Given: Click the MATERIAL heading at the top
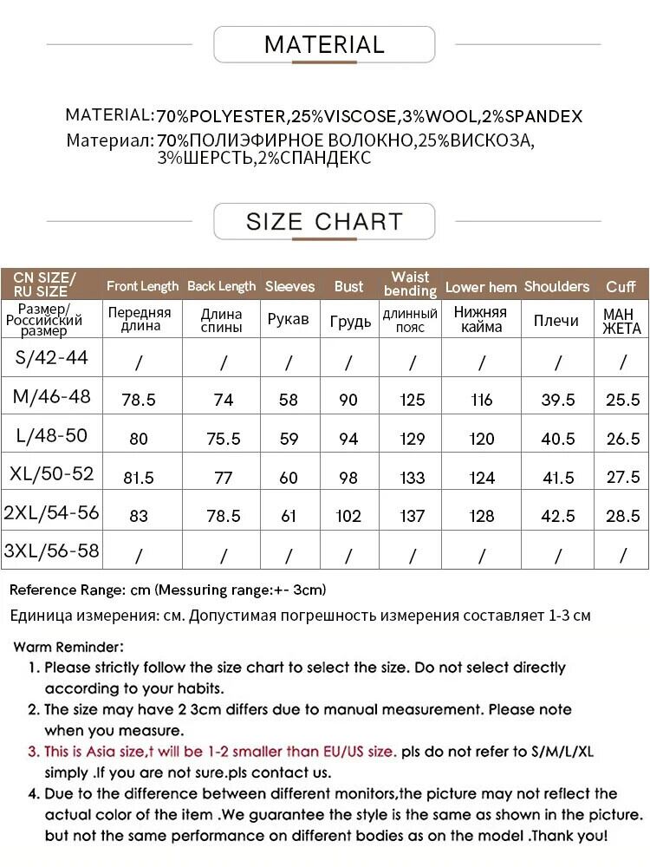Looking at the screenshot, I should coord(324,44).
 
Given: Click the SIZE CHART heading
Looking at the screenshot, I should coord(324,221).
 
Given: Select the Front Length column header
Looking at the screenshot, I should coord(142,286).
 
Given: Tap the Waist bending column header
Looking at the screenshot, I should coord(411,284).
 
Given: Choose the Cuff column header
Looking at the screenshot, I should coord(621,286).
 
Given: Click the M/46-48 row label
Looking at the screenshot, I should coord(51,398).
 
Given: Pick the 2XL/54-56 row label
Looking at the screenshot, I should coord(51,512).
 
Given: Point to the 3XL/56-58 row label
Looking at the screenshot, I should coord(51,551).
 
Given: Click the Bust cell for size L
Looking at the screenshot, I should coord(348,439).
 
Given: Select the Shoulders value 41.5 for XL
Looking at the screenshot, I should coord(557,478).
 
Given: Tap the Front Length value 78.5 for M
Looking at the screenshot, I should coord(139,400).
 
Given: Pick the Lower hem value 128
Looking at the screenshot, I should coord(482,517).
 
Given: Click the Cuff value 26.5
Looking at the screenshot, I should coord(622,439).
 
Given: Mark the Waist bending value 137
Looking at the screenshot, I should coord(413,517).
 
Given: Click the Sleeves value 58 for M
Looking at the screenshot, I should coord(289,400).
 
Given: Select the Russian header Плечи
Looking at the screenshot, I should coord(556,321).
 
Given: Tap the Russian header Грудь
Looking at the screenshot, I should coord(350,322).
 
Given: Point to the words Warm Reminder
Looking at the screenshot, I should coord(69,647).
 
